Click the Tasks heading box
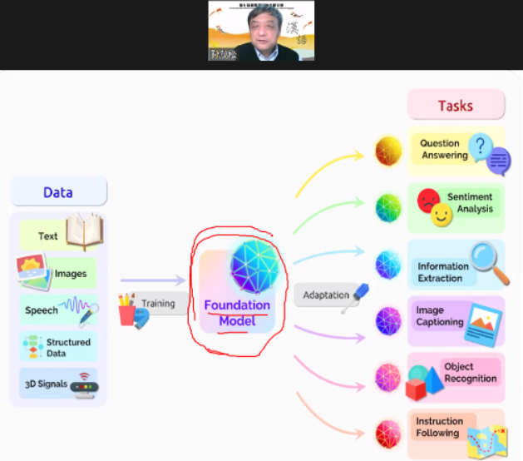pyautogui.click(x=456, y=106)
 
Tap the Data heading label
pyautogui.click(x=58, y=192)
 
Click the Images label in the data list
pyautogui.click(x=71, y=273)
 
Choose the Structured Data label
pyautogui.click(x=68, y=347)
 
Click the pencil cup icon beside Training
pyautogui.click(x=128, y=310)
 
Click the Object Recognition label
pyautogui.click(x=470, y=373)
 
